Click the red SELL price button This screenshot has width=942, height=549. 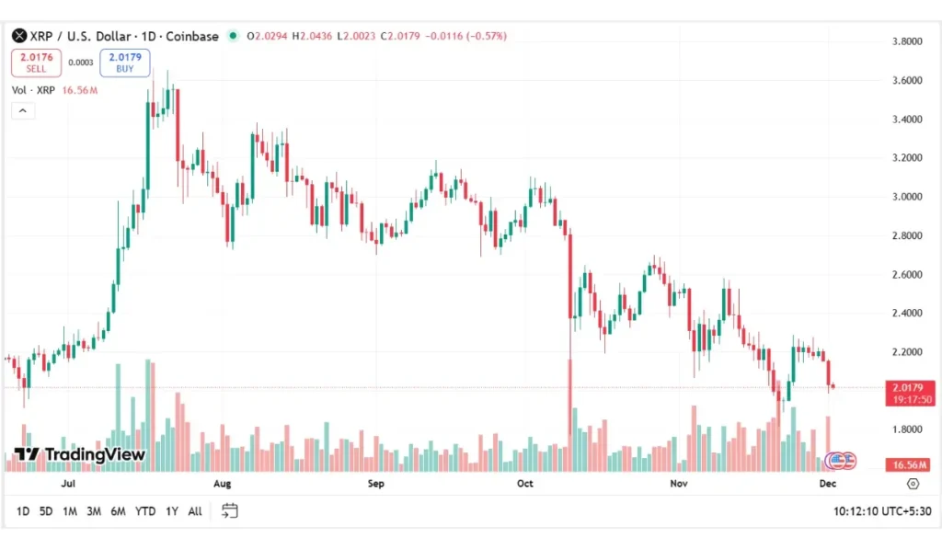point(37,63)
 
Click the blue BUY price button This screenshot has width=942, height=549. point(124,63)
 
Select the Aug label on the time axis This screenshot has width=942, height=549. point(222,483)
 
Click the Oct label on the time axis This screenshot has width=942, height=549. point(525,483)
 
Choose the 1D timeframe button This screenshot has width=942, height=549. point(23,510)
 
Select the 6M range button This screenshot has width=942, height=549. point(118,510)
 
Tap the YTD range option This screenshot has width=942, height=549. point(145,510)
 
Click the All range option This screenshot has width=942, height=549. point(195,510)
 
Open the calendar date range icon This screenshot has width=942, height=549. point(230,510)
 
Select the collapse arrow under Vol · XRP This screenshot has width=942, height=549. point(23,111)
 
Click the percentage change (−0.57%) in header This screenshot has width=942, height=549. point(487,37)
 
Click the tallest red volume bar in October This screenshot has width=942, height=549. point(570,414)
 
